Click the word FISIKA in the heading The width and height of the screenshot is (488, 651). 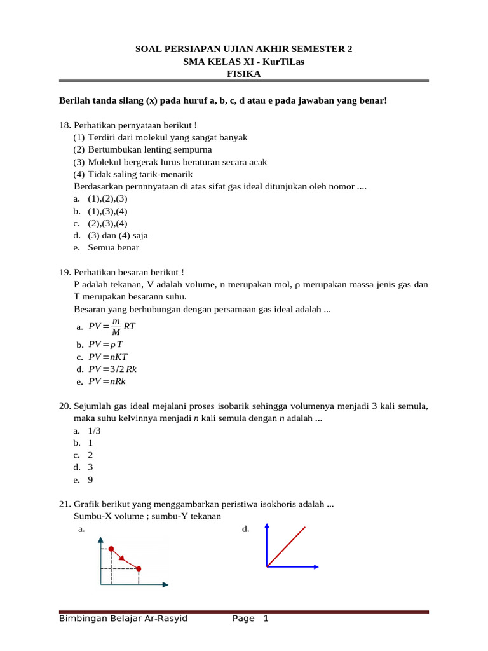pos(244,74)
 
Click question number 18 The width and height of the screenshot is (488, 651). pos(64,125)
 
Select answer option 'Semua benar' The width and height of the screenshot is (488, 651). pos(113,247)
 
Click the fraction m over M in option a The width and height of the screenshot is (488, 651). pos(116,327)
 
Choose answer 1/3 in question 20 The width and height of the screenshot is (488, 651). pos(94,430)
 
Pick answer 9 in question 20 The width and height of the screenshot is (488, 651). pos(90,480)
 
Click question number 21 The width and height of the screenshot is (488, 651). pos(64,504)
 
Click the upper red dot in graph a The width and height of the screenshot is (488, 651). pos(111,548)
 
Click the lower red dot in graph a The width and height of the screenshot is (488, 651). pos(139,568)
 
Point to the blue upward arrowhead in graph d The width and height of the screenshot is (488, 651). pos(267,526)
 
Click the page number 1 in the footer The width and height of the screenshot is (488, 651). pos(266,619)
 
